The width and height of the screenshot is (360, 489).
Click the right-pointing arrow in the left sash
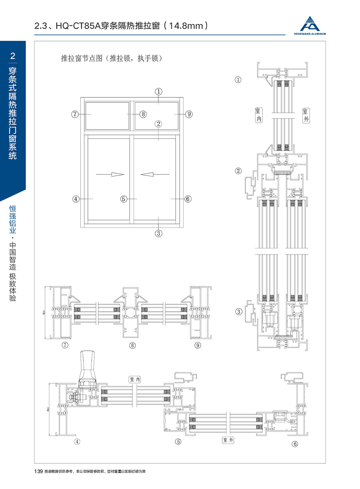pos(110,174)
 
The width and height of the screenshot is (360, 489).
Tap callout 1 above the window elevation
pos(158,91)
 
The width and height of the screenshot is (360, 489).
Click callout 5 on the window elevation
pos(124,199)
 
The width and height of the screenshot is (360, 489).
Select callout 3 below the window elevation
pos(158,233)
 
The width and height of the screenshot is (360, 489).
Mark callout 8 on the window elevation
pos(143,114)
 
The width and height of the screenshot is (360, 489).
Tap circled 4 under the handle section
pos(77,441)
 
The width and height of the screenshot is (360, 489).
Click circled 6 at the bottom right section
pos(295,444)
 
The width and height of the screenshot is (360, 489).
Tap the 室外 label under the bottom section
pos(228,440)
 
